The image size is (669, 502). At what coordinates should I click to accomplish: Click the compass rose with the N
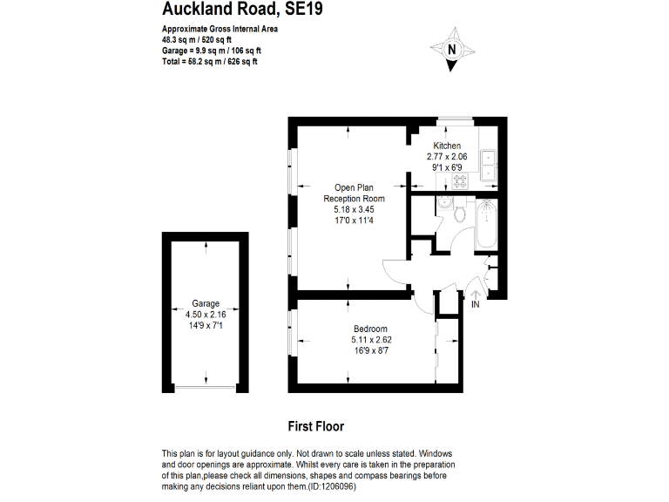coord(451,50)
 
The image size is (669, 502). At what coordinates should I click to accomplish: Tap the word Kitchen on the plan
coord(447,146)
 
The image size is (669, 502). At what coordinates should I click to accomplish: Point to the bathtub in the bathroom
coord(483,227)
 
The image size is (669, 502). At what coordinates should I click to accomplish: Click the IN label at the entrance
coord(476,305)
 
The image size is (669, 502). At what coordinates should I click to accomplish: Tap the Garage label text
coord(206,304)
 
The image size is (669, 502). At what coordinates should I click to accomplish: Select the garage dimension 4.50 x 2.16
coord(206,315)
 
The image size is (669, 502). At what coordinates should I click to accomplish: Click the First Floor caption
coord(315,427)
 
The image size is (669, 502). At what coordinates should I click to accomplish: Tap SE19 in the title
coord(309,10)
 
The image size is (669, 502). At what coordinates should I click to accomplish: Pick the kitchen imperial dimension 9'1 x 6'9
coord(447,166)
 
